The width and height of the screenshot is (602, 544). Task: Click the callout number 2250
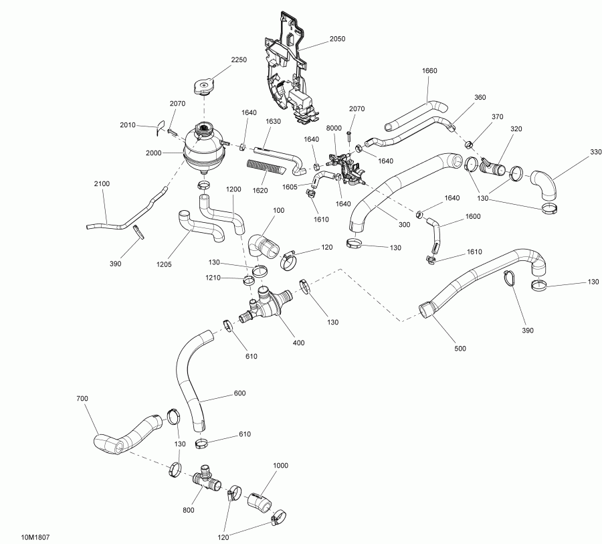(239, 60)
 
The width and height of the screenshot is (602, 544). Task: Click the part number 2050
(337, 39)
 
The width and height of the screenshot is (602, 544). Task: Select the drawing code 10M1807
(35, 537)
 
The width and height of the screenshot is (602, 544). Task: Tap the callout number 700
(82, 399)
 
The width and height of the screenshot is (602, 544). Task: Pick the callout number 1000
(280, 464)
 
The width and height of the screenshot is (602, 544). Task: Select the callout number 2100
(102, 183)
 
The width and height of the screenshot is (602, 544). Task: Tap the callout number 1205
(165, 264)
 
